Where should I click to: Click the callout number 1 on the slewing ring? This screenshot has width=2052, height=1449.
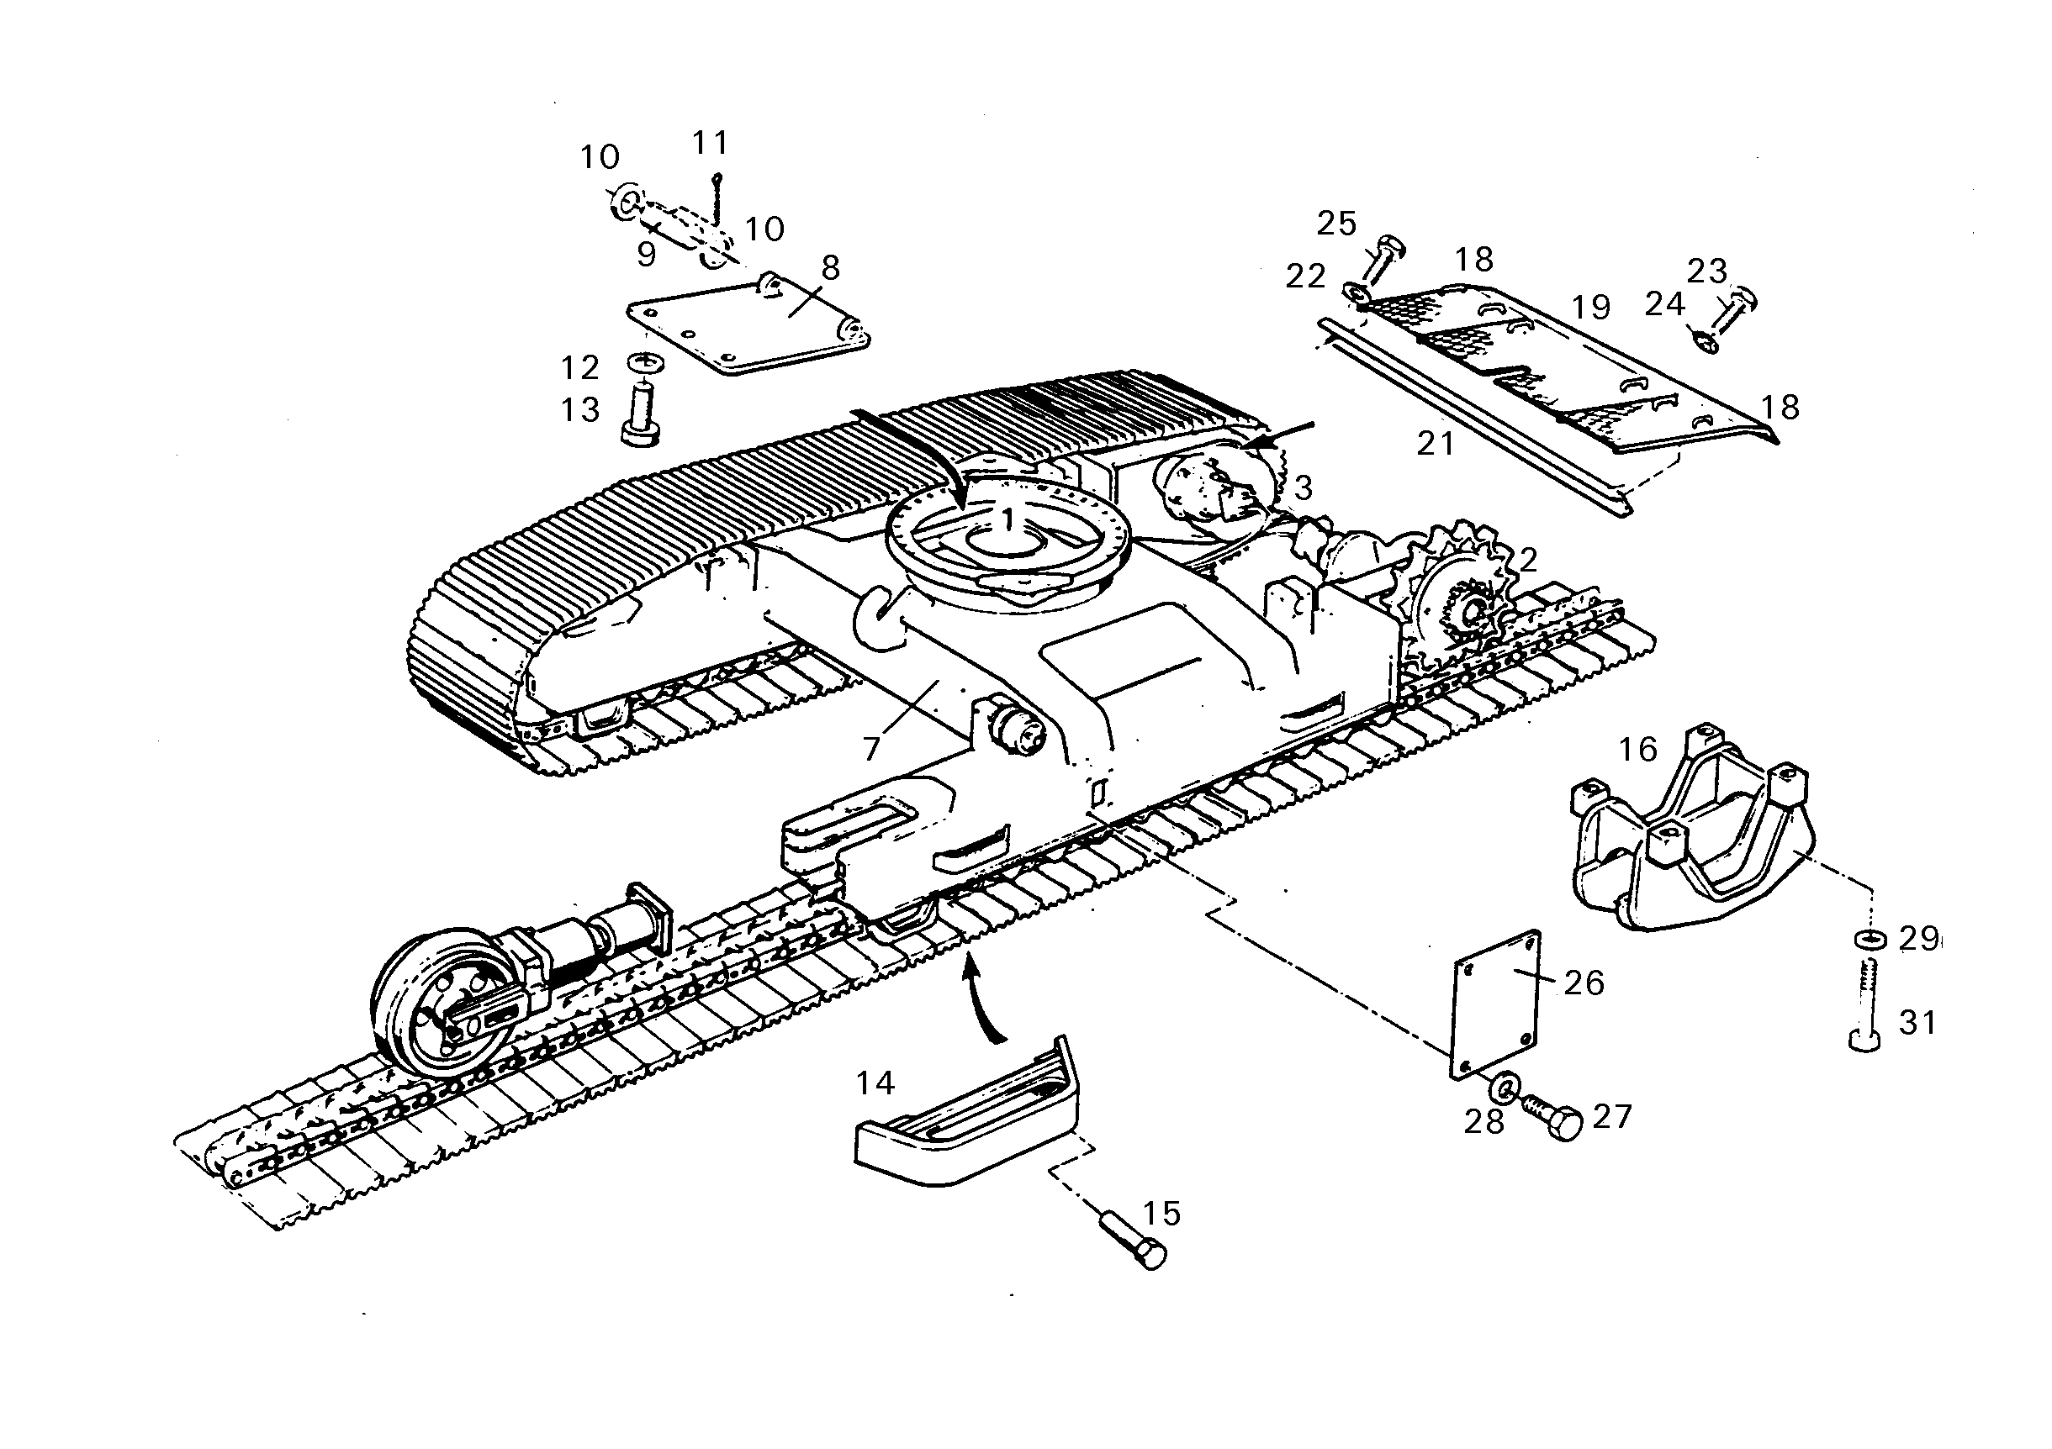click(x=1008, y=519)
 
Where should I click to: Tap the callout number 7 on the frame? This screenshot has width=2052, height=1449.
click(x=871, y=748)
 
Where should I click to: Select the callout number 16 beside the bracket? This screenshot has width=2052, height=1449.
click(x=1638, y=750)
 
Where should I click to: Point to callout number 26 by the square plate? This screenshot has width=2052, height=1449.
click(x=1584, y=983)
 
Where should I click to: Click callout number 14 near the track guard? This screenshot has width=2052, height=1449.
click(x=875, y=1083)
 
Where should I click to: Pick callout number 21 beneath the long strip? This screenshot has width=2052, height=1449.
click(x=1436, y=443)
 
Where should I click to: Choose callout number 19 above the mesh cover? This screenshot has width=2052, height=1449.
click(x=1591, y=308)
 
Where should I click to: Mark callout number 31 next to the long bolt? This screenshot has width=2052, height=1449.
click(x=1918, y=1022)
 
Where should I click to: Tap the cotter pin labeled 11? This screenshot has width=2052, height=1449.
click(x=717, y=198)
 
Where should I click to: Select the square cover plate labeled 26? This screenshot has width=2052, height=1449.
click(x=1495, y=1004)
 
